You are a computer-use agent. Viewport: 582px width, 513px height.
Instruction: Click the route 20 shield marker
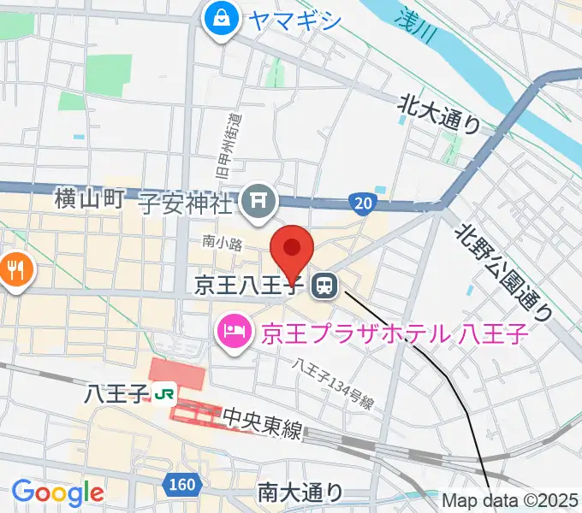[363, 203]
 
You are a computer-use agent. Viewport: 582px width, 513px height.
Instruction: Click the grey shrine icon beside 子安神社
[257, 202]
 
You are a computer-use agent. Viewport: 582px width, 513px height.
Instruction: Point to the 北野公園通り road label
[502, 272]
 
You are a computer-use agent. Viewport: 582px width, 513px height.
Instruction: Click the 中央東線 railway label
[263, 424]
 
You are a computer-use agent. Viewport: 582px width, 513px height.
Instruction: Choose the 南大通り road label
[300, 492]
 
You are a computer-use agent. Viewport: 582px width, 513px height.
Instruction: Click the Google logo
[57, 492]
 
